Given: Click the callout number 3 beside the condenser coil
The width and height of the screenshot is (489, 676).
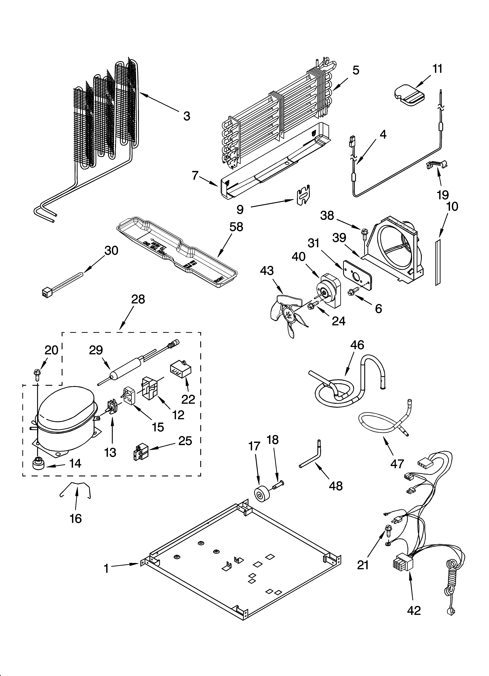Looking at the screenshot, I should click(x=186, y=116).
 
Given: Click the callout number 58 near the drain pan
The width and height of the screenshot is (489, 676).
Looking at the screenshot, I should click(x=236, y=227).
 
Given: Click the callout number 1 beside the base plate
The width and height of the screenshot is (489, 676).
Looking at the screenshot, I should click(x=106, y=569).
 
